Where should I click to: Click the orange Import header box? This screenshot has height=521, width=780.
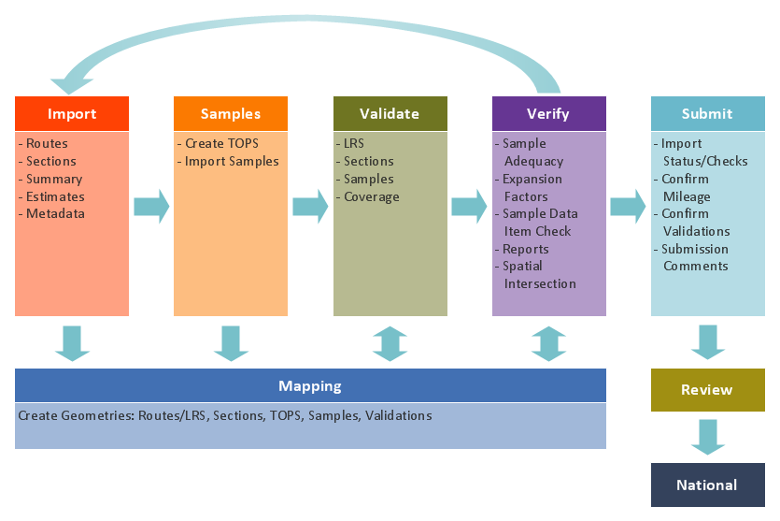pos(72,114)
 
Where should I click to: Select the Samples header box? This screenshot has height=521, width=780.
pos(231,114)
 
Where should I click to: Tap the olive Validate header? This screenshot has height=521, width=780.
pos(390,114)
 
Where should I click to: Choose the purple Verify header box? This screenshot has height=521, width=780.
pos(548,114)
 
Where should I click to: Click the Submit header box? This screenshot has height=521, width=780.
pos(707,114)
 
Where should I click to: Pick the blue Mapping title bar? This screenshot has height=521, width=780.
pos(310,386)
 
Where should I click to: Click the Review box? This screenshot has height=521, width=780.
pos(707,390)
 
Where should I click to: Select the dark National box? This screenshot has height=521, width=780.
pos(707,485)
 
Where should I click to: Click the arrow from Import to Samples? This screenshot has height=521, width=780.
pos(151,206)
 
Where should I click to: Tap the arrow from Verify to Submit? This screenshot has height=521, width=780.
pos(628,206)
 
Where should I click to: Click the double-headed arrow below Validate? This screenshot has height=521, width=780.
pos(390,342)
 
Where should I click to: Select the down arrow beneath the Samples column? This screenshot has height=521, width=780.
pos(231,342)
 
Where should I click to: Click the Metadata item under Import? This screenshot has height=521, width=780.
pos(55,214)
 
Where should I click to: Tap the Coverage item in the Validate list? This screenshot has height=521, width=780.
pos(371,197)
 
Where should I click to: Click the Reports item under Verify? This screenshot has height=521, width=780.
pos(525,250)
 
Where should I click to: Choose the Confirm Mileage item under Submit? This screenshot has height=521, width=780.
pos(686,188)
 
